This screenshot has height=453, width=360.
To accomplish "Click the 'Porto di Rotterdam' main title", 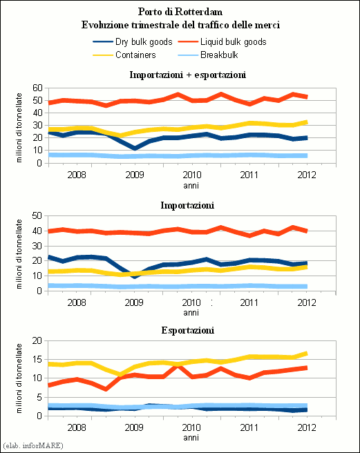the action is point(180,12).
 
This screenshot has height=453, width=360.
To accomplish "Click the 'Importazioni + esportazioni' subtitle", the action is point(188,75).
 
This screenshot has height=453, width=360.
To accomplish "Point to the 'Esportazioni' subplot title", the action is point(188,330).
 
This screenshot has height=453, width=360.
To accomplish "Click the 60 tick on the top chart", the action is point(37,88).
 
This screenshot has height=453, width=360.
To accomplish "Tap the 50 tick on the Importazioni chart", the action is point(37,216).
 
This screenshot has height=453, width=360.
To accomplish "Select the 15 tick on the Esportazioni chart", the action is point(37,360).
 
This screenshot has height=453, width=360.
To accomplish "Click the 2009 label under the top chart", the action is point(135,175).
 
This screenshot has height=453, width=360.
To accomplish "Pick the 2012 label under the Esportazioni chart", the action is point(307,427).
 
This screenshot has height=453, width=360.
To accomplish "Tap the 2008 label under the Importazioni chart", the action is point(77,302).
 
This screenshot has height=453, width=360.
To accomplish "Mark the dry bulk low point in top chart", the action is point(135,148).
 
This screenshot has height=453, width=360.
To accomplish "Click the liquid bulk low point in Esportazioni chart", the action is point(106,389).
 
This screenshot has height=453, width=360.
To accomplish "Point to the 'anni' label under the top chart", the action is point(191,186).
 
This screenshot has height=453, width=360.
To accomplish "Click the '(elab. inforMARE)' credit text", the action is point(32,445).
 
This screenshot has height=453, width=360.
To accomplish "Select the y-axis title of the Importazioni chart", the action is point(19,254).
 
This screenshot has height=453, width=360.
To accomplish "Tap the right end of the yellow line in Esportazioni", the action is point(307,354).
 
